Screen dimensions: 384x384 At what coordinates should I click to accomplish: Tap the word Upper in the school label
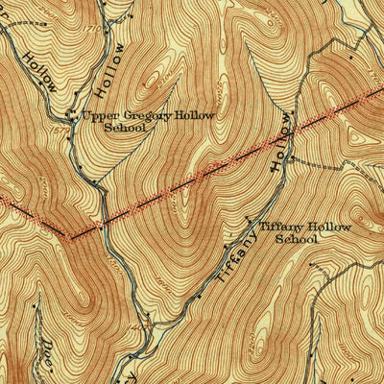[98, 116]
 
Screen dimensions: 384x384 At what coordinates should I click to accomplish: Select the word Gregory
[144, 116]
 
